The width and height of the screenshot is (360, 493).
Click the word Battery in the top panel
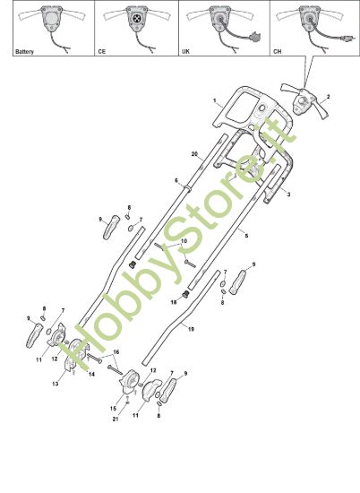[x=24, y=52]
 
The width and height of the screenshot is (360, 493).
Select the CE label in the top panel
[x=101, y=51]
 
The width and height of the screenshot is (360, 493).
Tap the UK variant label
[x=185, y=51]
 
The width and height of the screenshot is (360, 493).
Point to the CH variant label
[x=277, y=51]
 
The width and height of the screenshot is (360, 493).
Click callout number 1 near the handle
[x=215, y=100]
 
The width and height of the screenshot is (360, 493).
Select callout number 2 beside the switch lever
[x=328, y=97]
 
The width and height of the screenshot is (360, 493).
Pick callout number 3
[x=288, y=195]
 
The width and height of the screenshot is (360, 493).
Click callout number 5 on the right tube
[x=246, y=235]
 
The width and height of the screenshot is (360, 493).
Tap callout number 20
[x=194, y=154]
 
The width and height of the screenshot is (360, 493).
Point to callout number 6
[x=176, y=180]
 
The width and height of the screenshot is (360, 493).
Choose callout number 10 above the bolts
[x=184, y=241]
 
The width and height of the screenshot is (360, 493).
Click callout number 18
[x=174, y=302]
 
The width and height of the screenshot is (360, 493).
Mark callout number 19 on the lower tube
[x=191, y=329]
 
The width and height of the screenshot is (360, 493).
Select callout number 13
[x=56, y=384]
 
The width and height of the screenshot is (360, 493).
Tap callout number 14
[x=91, y=374]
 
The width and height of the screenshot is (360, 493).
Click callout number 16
[x=116, y=352]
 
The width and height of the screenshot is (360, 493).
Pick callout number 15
[x=113, y=409]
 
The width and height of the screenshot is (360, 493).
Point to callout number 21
[x=116, y=419]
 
